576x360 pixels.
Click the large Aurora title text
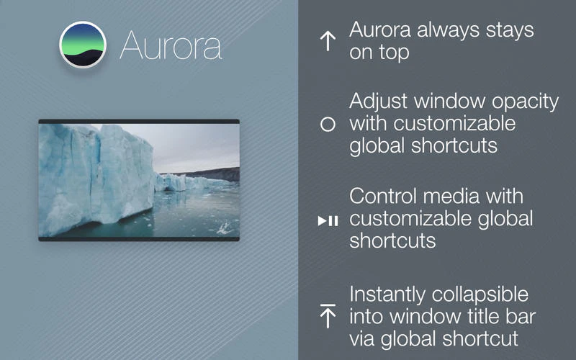[171, 45]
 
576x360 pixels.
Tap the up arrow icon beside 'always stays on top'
[328, 41]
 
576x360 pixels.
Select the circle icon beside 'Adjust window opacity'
[328, 124]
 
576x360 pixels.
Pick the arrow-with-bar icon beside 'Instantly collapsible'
[328, 315]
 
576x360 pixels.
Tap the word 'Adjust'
[377, 102]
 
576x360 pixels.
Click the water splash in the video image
[225, 228]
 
